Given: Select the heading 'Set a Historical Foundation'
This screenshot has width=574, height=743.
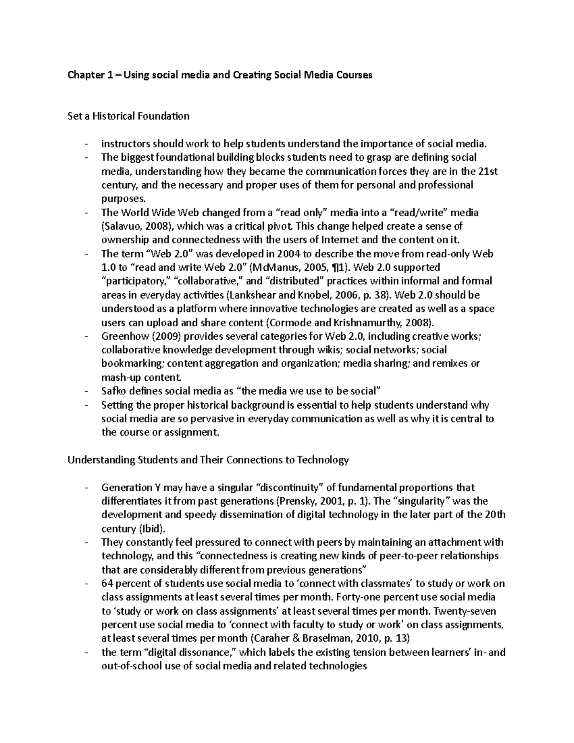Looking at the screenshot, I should tap(128, 116).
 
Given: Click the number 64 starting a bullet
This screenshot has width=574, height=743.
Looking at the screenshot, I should tap(107, 584).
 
